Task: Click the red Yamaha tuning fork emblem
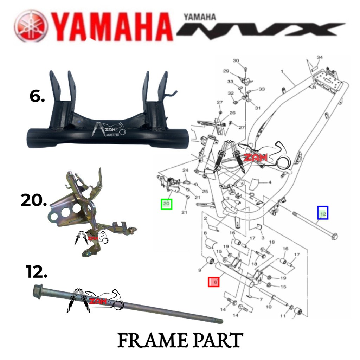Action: click(31, 26)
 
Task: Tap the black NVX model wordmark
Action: click(260, 28)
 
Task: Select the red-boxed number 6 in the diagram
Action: click(213, 282)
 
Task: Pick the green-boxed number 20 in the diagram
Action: click(166, 204)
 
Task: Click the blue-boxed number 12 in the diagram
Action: click(323, 213)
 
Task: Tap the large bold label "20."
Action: click(33, 201)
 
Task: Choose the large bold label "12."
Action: click(36, 272)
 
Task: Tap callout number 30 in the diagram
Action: click(236, 60)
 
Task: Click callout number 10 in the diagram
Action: click(269, 307)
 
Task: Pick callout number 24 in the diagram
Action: click(186, 171)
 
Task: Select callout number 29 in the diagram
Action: click(226, 71)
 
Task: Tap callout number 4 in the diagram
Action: click(270, 182)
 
